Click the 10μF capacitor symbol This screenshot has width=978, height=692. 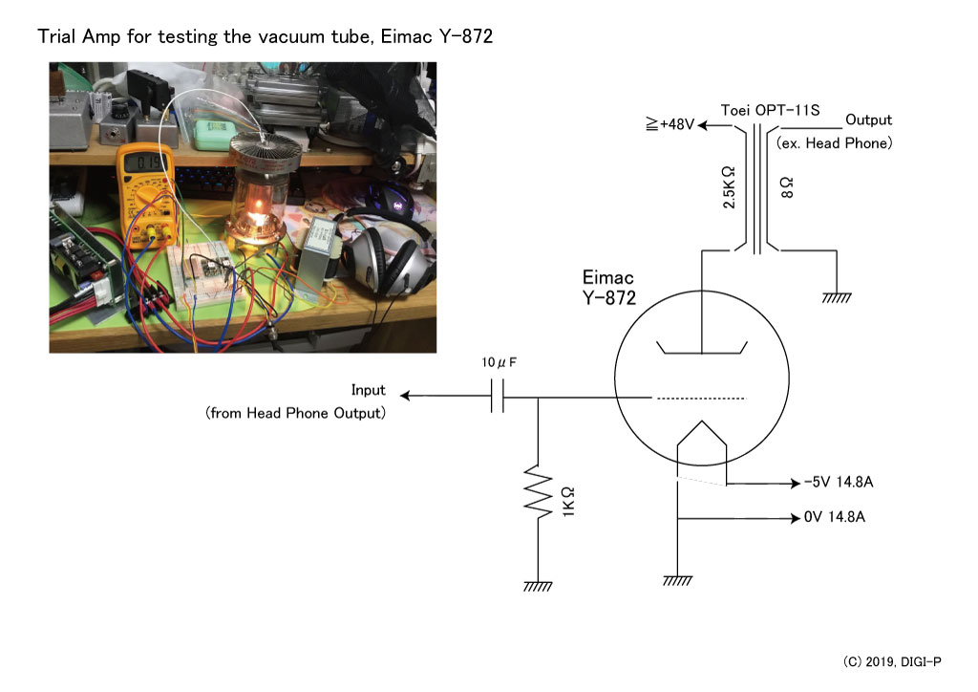[497, 396]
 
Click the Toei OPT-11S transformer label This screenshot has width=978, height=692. [771, 111]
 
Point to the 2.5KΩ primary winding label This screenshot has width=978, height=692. [729, 187]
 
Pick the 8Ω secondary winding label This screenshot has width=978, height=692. [787, 187]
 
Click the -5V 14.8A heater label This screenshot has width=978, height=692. [839, 482]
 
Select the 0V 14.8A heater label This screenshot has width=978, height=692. [835, 517]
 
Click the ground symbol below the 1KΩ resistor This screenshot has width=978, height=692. [538, 585]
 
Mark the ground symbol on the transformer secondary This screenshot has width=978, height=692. [837, 297]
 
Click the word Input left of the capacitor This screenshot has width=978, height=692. [368, 391]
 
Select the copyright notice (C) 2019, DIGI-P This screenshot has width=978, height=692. [892, 661]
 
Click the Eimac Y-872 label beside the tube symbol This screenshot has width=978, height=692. [608, 287]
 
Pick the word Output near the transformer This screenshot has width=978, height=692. [868, 119]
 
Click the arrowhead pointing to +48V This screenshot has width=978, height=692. [703, 125]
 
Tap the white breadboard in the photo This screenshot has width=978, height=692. [201, 274]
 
